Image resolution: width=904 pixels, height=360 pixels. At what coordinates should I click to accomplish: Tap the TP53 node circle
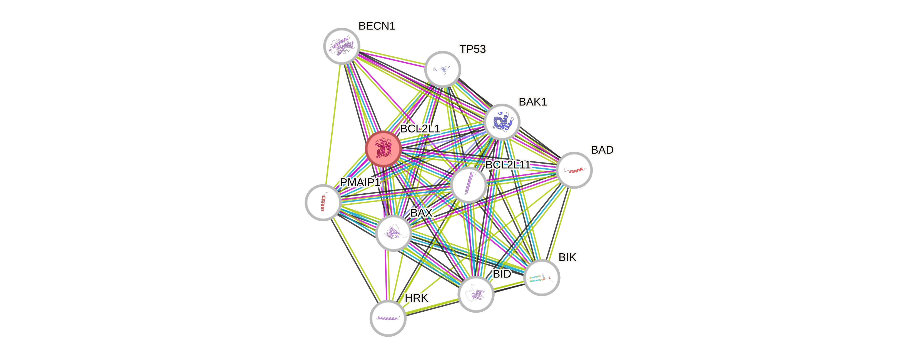pos(442,69)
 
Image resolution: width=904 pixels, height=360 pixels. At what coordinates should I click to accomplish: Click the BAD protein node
pos(574,170)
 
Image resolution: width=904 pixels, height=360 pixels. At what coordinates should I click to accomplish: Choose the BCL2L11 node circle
pos(469,185)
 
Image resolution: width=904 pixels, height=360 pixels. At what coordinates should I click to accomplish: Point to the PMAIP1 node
pos(323,202)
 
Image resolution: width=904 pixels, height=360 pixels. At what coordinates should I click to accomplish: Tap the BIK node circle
pos(542,277)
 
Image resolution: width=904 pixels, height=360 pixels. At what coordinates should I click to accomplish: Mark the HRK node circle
pos(388,318)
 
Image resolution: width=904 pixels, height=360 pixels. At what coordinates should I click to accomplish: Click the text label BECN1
pos(377,26)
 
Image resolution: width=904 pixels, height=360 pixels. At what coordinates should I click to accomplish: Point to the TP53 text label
pos(473,49)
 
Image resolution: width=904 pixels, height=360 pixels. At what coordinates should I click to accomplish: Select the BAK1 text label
pos(532,102)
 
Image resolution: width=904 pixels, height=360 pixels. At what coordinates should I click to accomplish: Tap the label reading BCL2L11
pos(507,164)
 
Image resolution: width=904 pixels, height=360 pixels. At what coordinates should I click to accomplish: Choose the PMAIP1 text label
pos(360,182)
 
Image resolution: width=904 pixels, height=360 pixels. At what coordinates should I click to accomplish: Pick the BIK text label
pos(568,257)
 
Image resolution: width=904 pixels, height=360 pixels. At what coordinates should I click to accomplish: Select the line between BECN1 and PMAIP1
pos(332,123)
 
